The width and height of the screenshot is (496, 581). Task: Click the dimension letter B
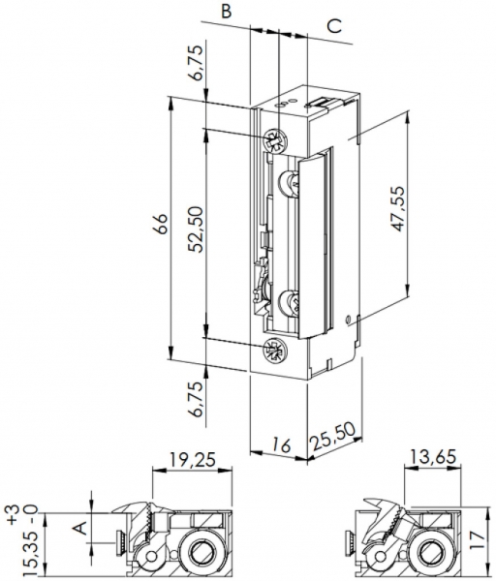[x=225, y=12]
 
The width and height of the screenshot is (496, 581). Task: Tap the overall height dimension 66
[x=163, y=225]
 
